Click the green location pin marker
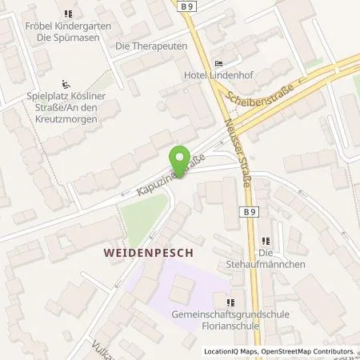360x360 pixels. [181, 159]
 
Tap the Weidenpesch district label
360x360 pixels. [150, 251]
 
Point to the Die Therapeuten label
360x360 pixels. [151, 46]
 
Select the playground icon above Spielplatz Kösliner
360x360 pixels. [66, 83]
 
